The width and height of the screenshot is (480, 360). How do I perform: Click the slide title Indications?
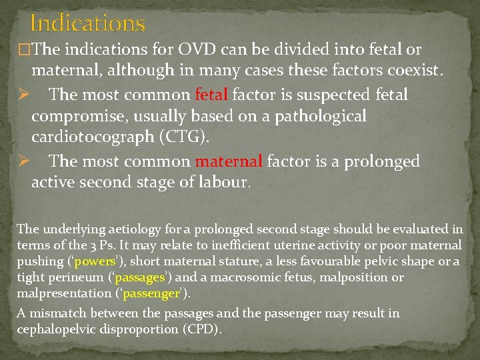click(x=87, y=24)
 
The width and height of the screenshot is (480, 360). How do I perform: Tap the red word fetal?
click(x=211, y=95)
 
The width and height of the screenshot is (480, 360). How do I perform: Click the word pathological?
click(x=311, y=117)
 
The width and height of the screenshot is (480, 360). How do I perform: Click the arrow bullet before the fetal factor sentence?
click(x=22, y=95)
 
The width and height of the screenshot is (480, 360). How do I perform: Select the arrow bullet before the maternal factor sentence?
click(x=22, y=161)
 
